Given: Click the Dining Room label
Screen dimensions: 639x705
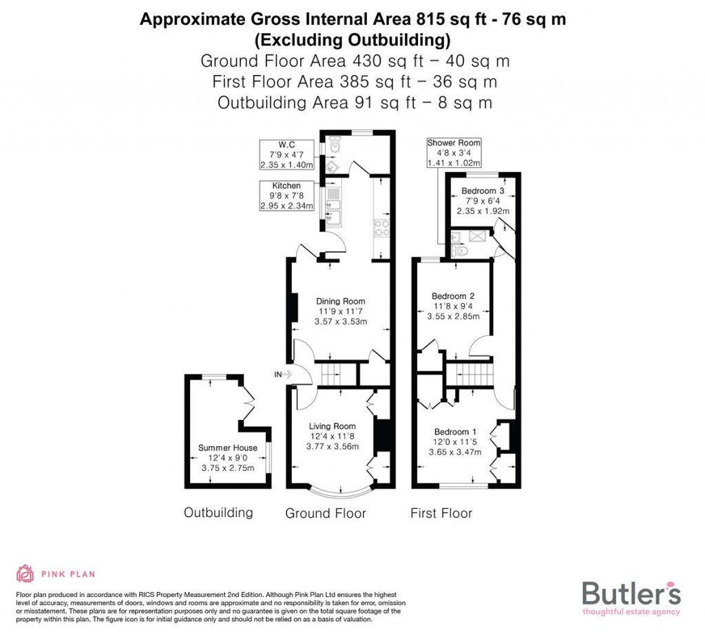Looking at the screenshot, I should click(340, 301).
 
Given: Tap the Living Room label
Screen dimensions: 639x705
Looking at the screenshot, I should click(332, 426).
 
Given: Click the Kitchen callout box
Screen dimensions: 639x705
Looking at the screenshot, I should click(286, 196).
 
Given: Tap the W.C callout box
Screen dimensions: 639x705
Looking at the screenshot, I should click(286, 154).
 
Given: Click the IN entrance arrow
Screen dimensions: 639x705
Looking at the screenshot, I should click(284, 375).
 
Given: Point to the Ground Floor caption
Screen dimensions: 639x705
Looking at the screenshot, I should click(326, 513).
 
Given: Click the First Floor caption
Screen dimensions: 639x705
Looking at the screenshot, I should click(441, 513).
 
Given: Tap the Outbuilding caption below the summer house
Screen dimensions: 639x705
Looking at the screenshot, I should click(218, 512).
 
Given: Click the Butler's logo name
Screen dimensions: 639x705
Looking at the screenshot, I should click(631, 593).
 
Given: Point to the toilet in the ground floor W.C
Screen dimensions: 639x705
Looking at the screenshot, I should click(335, 145).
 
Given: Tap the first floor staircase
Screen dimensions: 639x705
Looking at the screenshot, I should click(470, 375).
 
